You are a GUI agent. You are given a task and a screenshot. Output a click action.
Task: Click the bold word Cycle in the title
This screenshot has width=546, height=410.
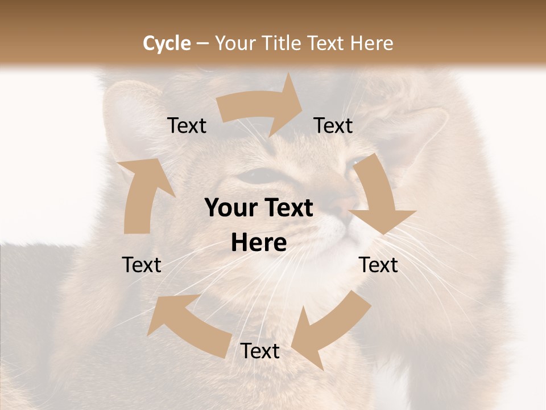[x=167, y=43]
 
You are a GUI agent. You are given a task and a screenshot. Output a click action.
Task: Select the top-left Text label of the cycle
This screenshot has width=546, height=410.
[x=187, y=126]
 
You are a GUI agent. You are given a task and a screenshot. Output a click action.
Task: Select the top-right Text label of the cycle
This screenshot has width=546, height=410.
[x=333, y=126]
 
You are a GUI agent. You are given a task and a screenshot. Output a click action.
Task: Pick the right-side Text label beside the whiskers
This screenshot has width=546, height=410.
[x=378, y=265]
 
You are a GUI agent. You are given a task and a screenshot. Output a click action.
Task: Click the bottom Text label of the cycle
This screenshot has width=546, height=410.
[x=259, y=351]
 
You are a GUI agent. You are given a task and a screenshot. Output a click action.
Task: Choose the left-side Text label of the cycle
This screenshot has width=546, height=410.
[x=142, y=265]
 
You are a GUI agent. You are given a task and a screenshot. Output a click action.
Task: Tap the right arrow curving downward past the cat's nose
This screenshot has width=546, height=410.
[x=380, y=196]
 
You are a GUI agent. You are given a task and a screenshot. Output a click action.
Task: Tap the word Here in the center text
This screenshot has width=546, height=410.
[x=259, y=243]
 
